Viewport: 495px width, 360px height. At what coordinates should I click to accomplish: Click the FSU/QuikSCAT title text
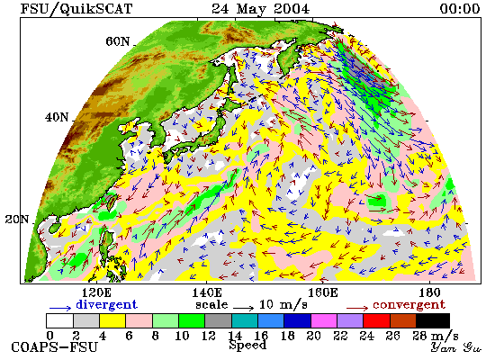(76, 9)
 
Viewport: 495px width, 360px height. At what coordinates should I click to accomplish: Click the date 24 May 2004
(260, 9)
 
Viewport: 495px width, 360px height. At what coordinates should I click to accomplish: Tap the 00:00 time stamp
(460, 8)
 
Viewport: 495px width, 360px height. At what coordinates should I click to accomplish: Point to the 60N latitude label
(118, 41)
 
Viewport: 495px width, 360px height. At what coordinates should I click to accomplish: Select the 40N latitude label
(57, 117)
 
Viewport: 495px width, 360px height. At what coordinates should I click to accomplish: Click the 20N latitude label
(17, 220)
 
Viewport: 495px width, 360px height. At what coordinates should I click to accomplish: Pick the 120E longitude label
(96, 292)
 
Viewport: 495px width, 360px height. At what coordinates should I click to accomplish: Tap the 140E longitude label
(207, 292)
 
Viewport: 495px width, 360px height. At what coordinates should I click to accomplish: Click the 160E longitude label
(322, 292)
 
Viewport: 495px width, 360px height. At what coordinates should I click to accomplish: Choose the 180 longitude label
(429, 292)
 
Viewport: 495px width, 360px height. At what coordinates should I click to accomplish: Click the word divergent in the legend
(106, 304)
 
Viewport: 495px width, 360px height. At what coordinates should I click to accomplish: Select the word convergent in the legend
(409, 305)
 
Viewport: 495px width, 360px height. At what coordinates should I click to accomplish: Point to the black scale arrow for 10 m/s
(244, 308)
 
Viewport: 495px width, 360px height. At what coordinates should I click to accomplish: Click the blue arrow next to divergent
(60, 308)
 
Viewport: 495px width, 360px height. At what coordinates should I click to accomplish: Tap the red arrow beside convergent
(357, 308)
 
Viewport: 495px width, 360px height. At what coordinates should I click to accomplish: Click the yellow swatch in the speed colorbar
(112, 320)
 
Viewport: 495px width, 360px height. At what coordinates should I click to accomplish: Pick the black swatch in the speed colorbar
(433, 320)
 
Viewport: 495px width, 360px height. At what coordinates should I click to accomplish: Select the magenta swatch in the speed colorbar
(324, 320)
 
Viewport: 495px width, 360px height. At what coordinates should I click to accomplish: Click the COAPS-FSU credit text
(54, 347)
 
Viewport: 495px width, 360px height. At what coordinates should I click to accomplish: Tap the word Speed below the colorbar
(247, 345)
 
